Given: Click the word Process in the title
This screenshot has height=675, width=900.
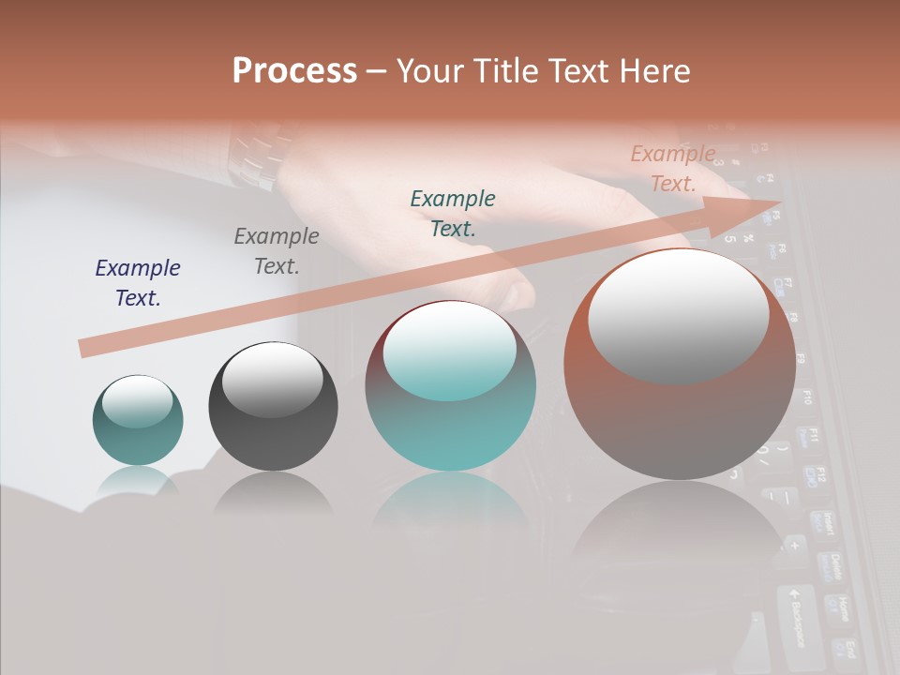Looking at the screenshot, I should coord(294,71).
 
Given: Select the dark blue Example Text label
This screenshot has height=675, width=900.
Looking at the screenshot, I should coord(138,282).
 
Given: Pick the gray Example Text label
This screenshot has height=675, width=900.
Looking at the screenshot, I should coord(277,250).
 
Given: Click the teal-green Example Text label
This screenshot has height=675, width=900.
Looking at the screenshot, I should coord(453,213).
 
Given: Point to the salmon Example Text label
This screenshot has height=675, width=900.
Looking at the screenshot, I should coord(673,169).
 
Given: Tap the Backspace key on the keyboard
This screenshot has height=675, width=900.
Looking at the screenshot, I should coord(795,616).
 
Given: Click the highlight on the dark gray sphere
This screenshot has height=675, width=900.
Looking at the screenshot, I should coord(272,380).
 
